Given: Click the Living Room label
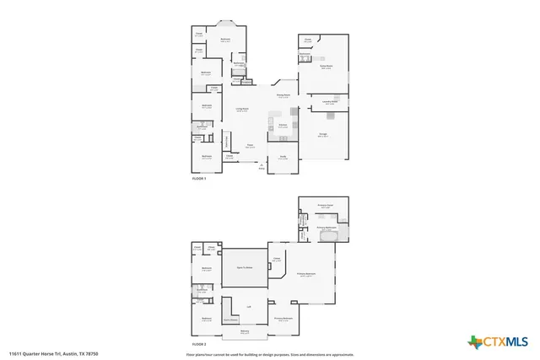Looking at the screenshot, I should point(241,110).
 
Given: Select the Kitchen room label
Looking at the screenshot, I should point(283,126).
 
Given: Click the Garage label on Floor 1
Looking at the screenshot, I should point(323,135).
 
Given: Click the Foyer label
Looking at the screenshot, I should point(250,145).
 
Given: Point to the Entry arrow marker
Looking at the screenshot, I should point(261,165).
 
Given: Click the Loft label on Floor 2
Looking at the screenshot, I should point(248,307).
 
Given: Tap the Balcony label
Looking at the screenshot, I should point(245,333).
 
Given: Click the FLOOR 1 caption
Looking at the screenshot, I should point(199,179).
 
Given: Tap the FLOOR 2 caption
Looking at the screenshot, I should point(199,345).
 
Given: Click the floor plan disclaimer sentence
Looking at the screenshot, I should point(270,353).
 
